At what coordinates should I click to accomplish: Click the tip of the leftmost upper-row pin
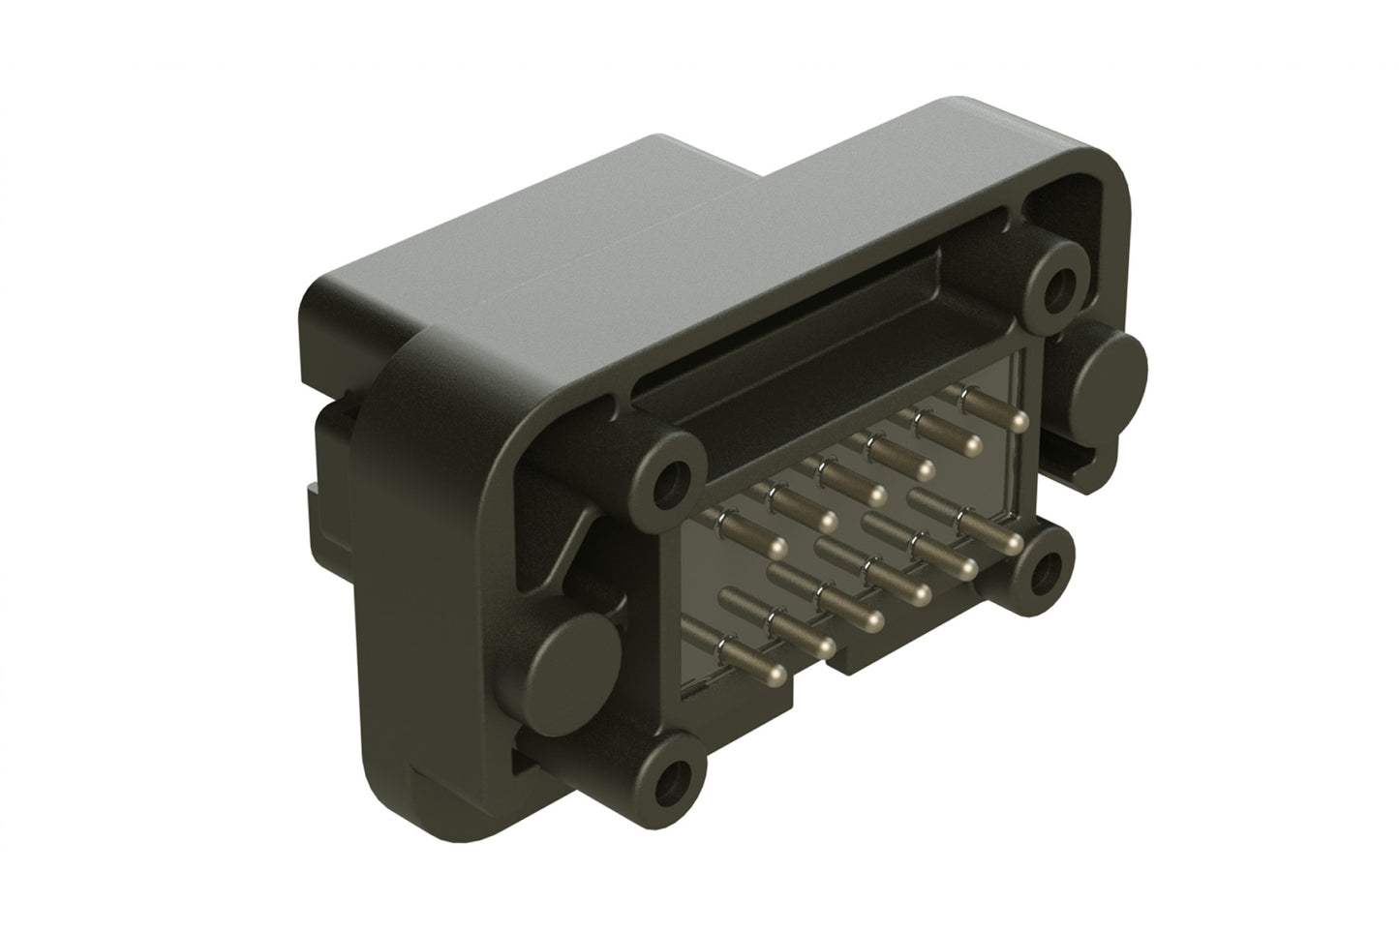click(777, 549)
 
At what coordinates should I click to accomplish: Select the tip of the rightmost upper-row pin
click(1019, 421)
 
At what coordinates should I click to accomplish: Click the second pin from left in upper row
click(828, 522)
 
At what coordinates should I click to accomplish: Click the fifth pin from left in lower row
click(965, 567)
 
